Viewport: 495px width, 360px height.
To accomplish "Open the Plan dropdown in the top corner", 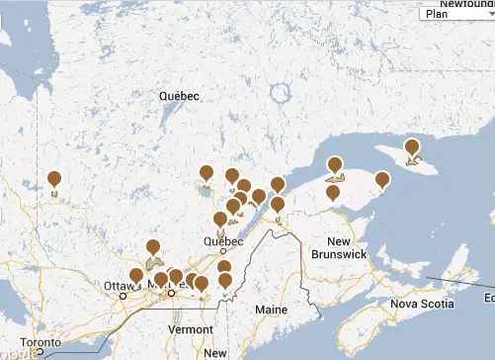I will (455, 14).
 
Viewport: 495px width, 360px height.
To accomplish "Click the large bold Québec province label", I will (179, 96).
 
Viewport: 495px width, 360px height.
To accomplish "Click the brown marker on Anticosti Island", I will (412, 149).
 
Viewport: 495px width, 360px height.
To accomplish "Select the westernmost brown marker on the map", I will (54, 179).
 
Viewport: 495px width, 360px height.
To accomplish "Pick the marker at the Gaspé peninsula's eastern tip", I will (382, 180).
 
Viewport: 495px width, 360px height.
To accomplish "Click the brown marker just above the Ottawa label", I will (135, 276).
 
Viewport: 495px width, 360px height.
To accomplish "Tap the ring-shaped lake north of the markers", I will (281, 96).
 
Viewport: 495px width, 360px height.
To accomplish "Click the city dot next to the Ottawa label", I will (124, 296).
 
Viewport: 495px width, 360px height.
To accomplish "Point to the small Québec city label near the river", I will (222, 240).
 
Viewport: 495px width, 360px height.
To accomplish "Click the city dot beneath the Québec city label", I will (224, 251).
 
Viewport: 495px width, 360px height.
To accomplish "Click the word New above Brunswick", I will (339, 242).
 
